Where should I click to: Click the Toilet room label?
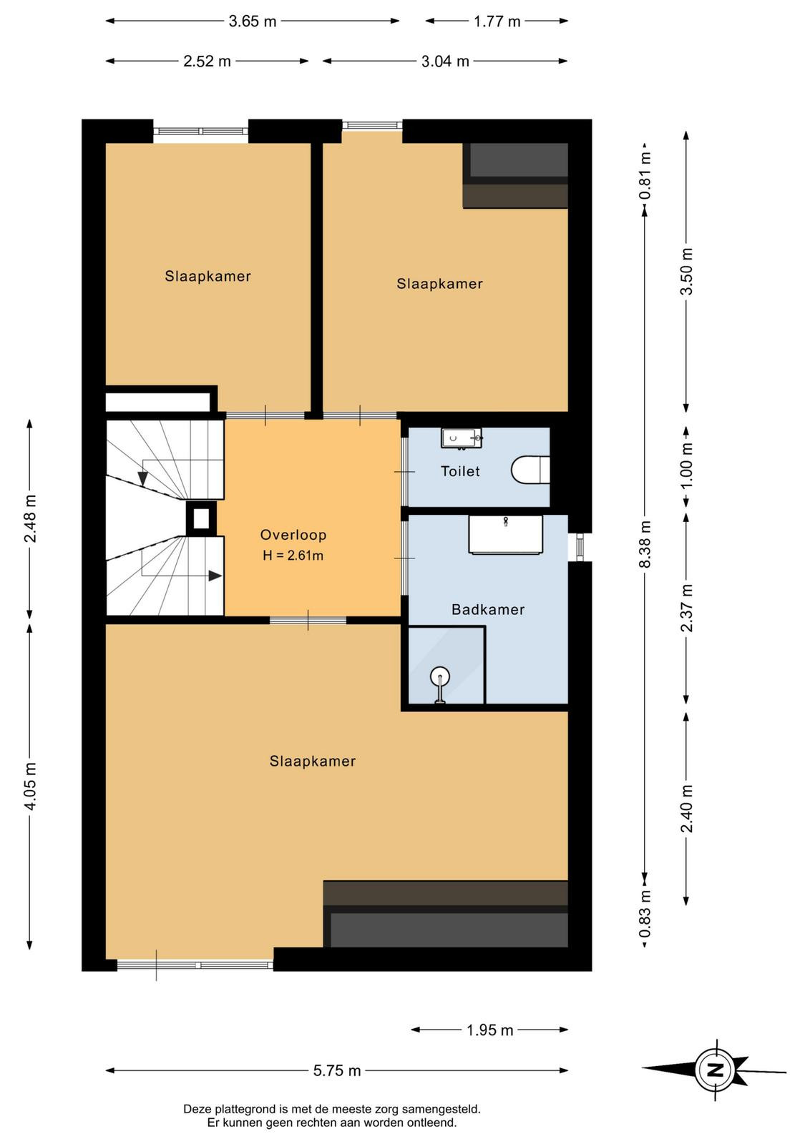(460, 471)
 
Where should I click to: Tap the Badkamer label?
(488, 609)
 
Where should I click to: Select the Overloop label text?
(293, 535)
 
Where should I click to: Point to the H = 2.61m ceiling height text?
(293, 555)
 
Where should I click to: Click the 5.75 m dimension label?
(337, 1070)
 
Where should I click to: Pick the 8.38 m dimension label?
(645, 544)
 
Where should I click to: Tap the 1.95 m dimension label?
(489, 1030)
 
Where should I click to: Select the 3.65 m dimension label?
(253, 21)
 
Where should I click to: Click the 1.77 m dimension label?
(497, 21)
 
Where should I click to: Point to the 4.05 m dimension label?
(31, 786)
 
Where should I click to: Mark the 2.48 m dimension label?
(31, 519)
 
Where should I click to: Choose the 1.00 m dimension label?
(687, 465)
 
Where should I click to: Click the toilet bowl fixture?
(530, 470)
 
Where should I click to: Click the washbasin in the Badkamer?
(505, 534)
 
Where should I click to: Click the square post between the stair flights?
(201, 518)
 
